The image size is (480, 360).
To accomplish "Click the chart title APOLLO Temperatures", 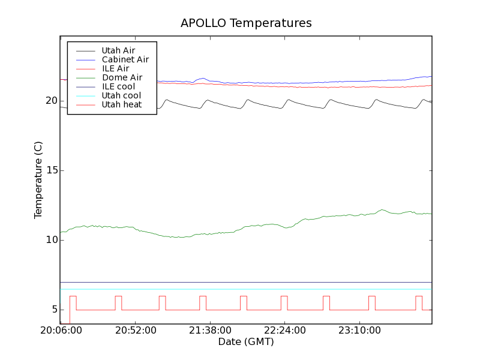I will pos(246,23).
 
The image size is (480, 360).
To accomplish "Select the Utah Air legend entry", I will pos(118,50).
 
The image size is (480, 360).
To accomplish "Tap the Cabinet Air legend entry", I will pos(125,59).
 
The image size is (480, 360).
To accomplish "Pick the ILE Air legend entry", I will pos(115,68).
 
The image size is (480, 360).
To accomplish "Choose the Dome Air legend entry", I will pos(122,77).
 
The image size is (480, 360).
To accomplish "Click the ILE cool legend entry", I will pos(118,86).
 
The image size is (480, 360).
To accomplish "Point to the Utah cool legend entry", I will pos(121,95).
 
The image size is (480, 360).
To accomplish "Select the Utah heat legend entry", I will pos(121,104).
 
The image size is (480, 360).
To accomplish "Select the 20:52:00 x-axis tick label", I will pos(136,331).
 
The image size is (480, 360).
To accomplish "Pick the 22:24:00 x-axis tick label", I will pos(284,331).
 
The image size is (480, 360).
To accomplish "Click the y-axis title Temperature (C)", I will pos(38,180).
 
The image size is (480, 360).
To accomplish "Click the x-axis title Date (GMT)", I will pos(246,341).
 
